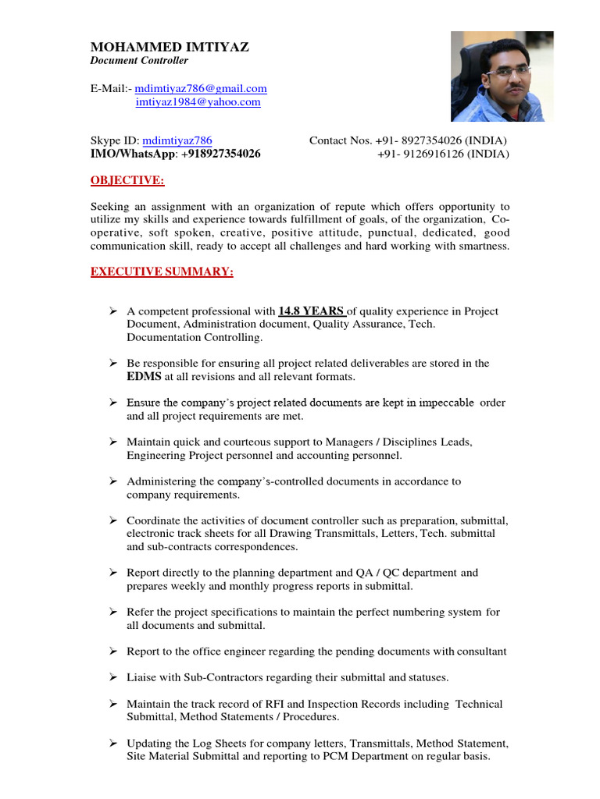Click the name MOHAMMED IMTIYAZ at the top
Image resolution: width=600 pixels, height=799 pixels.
tap(170, 47)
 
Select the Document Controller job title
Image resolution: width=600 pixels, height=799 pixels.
tap(139, 61)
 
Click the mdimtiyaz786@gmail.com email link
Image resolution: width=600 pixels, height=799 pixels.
tap(201, 89)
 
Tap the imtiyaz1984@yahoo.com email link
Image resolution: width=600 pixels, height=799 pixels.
tap(198, 102)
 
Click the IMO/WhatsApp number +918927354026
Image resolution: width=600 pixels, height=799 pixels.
tap(222, 154)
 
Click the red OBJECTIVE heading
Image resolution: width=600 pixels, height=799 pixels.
tap(127, 181)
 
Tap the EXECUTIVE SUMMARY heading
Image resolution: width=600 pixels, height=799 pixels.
tap(162, 272)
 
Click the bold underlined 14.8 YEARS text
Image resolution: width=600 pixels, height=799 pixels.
tap(311, 311)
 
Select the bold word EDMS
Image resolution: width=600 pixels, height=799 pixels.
tap(144, 377)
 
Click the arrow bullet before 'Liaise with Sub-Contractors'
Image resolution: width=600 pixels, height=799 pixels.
tap(112, 676)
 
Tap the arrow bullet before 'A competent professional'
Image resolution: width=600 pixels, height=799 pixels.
tap(112, 311)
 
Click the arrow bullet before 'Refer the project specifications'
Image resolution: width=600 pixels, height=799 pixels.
tap(112, 612)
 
